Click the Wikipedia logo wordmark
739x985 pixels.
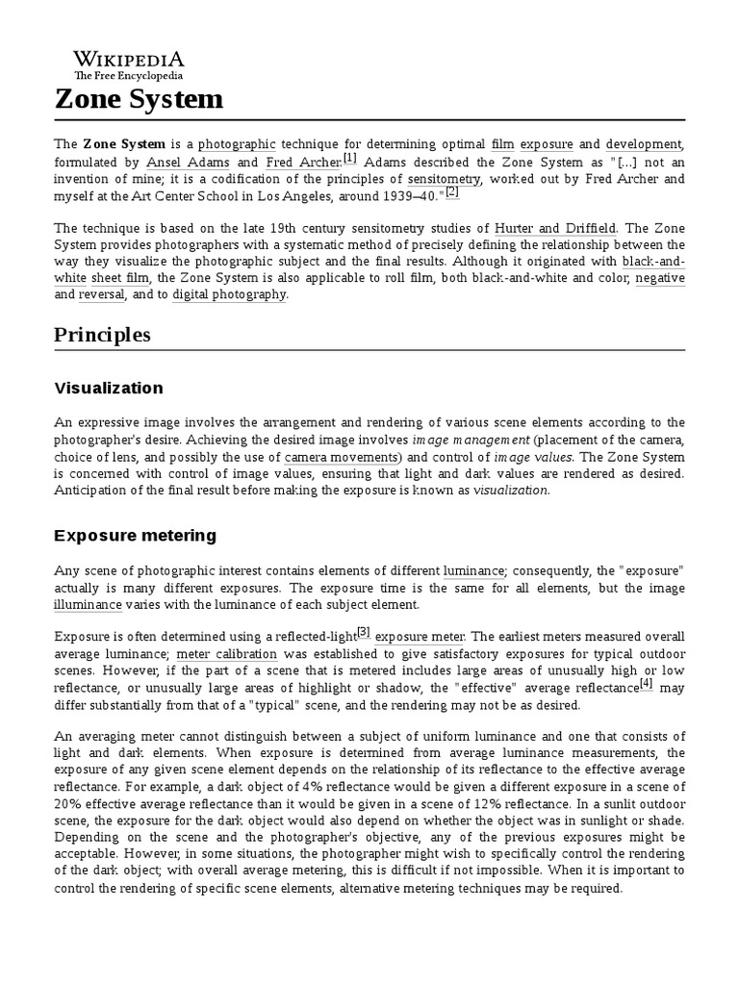tap(130, 58)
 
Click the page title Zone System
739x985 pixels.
tap(139, 98)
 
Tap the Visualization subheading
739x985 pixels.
tap(109, 389)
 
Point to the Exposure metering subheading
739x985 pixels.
tap(135, 535)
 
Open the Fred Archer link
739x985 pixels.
tap(303, 163)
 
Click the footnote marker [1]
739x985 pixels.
tap(349, 159)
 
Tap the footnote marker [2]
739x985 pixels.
tap(452, 191)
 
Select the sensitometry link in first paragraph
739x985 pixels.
tap(444, 179)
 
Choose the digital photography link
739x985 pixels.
tap(229, 294)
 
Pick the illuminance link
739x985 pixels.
tap(89, 605)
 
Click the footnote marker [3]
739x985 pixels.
tap(363, 632)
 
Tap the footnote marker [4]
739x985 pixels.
tap(646, 684)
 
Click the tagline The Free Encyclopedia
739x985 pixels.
tap(129, 75)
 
